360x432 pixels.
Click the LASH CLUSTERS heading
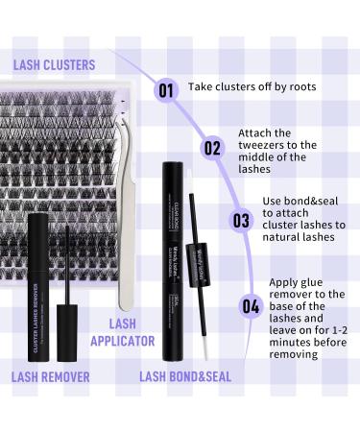pos(55,64)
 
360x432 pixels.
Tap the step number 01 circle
pos(166,91)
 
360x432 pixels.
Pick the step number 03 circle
pos(240,220)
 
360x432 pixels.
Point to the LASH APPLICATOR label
pos(123,332)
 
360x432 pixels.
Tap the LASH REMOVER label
pos(50,377)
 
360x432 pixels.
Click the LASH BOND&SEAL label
pos(185,377)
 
